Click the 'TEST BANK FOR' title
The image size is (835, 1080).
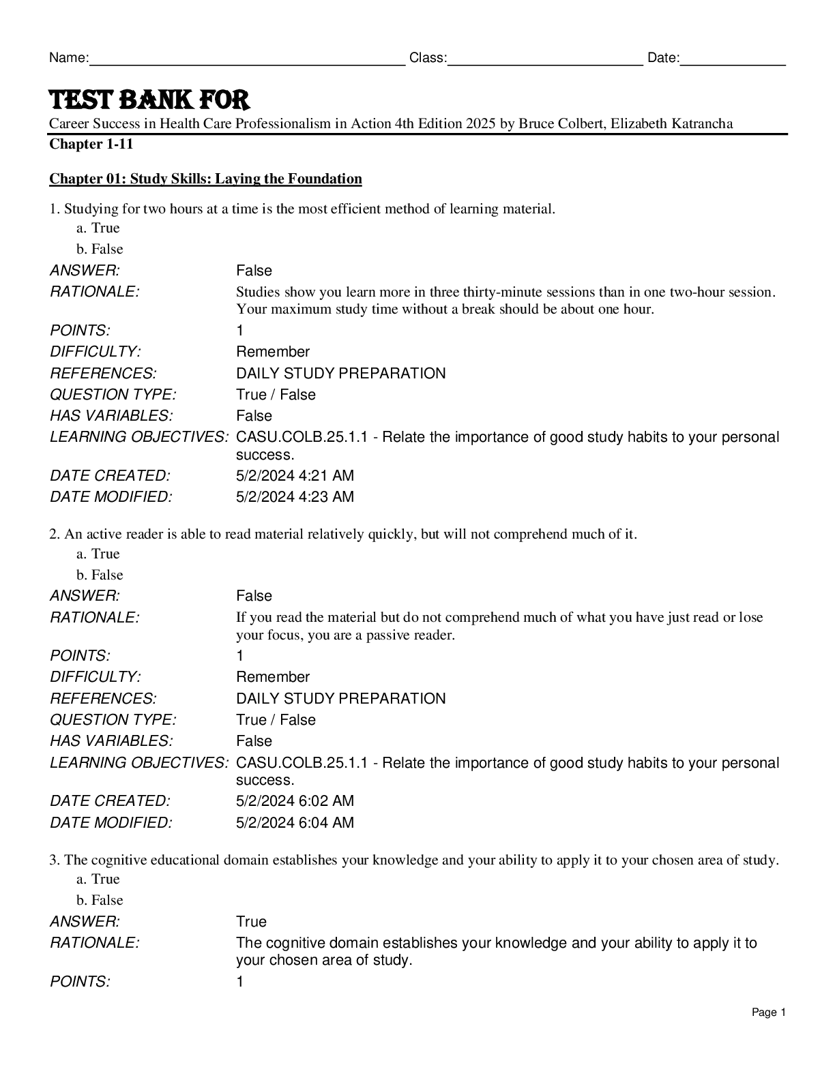coord(149,100)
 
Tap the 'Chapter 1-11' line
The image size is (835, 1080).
coord(91,144)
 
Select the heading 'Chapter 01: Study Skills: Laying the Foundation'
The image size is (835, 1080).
coord(205,179)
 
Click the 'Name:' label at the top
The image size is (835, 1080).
coord(68,58)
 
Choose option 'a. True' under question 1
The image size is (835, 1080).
coord(98,228)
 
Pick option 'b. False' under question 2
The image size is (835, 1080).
coord(100,575)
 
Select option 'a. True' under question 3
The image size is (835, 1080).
coord(98,879)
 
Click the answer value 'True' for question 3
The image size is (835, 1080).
coord(251,922)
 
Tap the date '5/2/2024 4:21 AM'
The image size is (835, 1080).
coord(295,476)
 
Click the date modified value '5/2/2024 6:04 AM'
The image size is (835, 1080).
coord(295,823)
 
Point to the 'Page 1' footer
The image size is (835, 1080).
coord(769,1012)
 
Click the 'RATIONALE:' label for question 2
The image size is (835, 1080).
coord(94,618)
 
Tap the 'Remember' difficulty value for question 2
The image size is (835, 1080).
coord(273,677)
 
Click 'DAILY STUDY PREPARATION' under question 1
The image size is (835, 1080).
coord(340,374)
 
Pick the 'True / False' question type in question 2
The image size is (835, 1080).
coord(276,720)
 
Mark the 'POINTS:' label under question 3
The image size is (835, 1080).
coord(80,982)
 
